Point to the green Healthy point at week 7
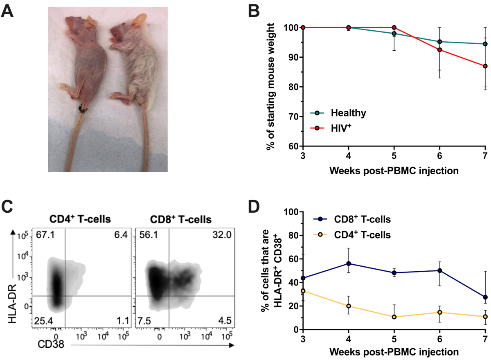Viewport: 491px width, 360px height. point(485,44)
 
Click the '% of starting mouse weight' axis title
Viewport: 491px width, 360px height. point(270,87)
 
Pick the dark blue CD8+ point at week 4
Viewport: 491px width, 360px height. point(349,264)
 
